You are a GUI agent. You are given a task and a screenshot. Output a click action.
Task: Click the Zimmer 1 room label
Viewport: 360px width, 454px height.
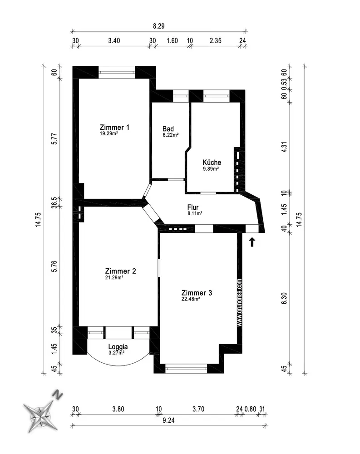pyautogui.click(x=114, y=127)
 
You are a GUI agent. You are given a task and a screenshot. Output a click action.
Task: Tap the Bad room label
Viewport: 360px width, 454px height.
pyautogui.click(x=168, y=129)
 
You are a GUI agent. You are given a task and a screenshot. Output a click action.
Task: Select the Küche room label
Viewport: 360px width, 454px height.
pyautogui.click(x=212, y=162)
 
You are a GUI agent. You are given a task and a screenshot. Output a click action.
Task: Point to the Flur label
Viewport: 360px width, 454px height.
pyautogui.click(x=193, y=207)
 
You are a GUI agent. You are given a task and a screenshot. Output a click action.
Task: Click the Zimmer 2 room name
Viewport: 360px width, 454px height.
pyautogui.click(x=120, y=271)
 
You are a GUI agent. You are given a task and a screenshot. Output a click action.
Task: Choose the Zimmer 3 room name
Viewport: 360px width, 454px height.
pyautogui.click(x=197, y=293)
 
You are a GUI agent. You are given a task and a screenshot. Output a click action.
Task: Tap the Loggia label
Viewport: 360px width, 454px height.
pyautogui.click(x=118, y=346)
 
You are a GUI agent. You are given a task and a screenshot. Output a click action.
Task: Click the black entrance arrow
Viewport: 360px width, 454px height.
pyautogui.click(x=252, y=242)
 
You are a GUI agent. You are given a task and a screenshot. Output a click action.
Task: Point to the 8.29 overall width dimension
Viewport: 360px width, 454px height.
pyautogui.click(x=159, y=26)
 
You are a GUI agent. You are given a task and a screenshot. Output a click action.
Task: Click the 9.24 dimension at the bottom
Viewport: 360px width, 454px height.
pyautogui.click(x=168, y=420)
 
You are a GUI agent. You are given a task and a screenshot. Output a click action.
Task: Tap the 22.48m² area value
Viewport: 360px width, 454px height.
pyautogui.click(x=191, y=299)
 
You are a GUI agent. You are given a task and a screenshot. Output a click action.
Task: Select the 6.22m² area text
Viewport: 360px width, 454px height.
pyautogui.click(x=171, y=135)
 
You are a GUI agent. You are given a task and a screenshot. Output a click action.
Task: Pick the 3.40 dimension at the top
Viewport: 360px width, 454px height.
pyautogui.click(x=114, y=40)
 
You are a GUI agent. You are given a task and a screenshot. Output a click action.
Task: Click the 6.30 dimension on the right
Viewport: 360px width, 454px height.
pyautogui.click(x=284, y=298)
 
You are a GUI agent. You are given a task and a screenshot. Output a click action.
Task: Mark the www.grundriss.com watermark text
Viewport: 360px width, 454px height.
pyautogui.click(x=240, y=302)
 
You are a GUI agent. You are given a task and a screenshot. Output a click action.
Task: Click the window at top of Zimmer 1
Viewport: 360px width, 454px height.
pyautogui.click(x=117, y=72)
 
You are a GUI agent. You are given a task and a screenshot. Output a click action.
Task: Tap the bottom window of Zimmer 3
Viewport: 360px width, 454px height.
pyautogui.click(x=186, y=369)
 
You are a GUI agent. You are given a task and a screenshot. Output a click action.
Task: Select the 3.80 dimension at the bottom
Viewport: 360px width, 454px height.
pyautogui.click(x=118, y=409)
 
